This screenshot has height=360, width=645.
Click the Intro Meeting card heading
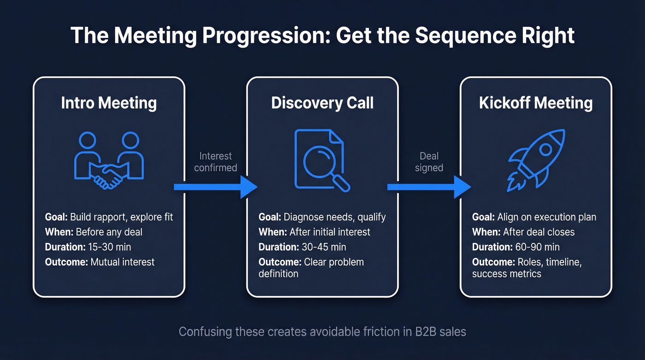click(x=109, y=103)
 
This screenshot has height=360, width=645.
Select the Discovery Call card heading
click(x=322, y=103)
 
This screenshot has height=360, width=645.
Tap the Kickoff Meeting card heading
click(x=536, y=103)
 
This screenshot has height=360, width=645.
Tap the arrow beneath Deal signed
click(x=428, y=187)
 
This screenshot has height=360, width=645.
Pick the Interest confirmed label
click(x=215, y=162)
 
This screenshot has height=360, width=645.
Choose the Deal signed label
click(x=429, y=162)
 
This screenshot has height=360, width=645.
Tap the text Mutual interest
click(x=122, y=262)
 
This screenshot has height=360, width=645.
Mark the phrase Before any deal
click(x=109, y=231)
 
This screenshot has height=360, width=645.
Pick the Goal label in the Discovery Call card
click(x=270, y=217)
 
